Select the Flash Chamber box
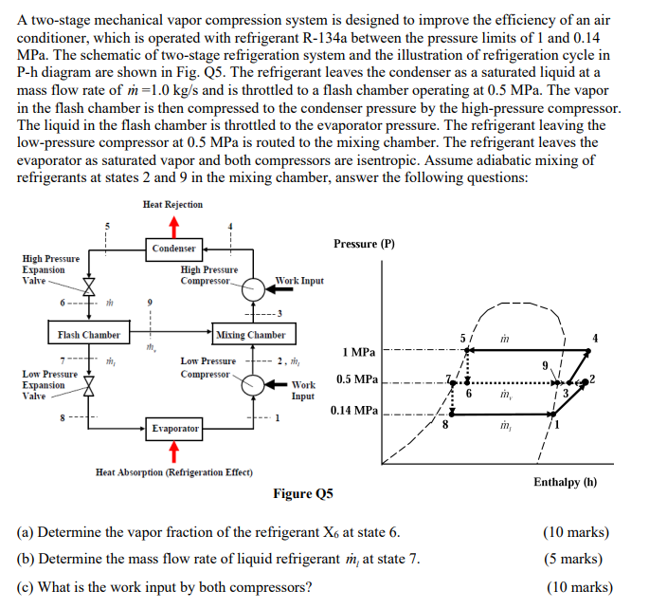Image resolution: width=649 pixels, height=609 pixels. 88,335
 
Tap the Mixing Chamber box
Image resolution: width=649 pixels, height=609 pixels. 251,335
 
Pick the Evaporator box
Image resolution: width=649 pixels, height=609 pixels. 173,429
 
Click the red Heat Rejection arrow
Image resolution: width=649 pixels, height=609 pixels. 172,224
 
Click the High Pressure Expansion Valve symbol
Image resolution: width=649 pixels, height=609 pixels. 91,285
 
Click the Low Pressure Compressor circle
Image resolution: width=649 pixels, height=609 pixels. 254,384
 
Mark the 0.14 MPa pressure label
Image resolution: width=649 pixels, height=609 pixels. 354,411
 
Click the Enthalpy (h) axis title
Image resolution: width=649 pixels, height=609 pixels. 565,481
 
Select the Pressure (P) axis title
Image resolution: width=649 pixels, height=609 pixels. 364,243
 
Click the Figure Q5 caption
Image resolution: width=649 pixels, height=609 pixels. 303,493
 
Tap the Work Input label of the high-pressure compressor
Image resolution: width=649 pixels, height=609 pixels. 299,281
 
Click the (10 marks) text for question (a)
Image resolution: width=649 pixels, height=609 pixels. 578,532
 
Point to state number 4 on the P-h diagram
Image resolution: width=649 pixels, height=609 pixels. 594,338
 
